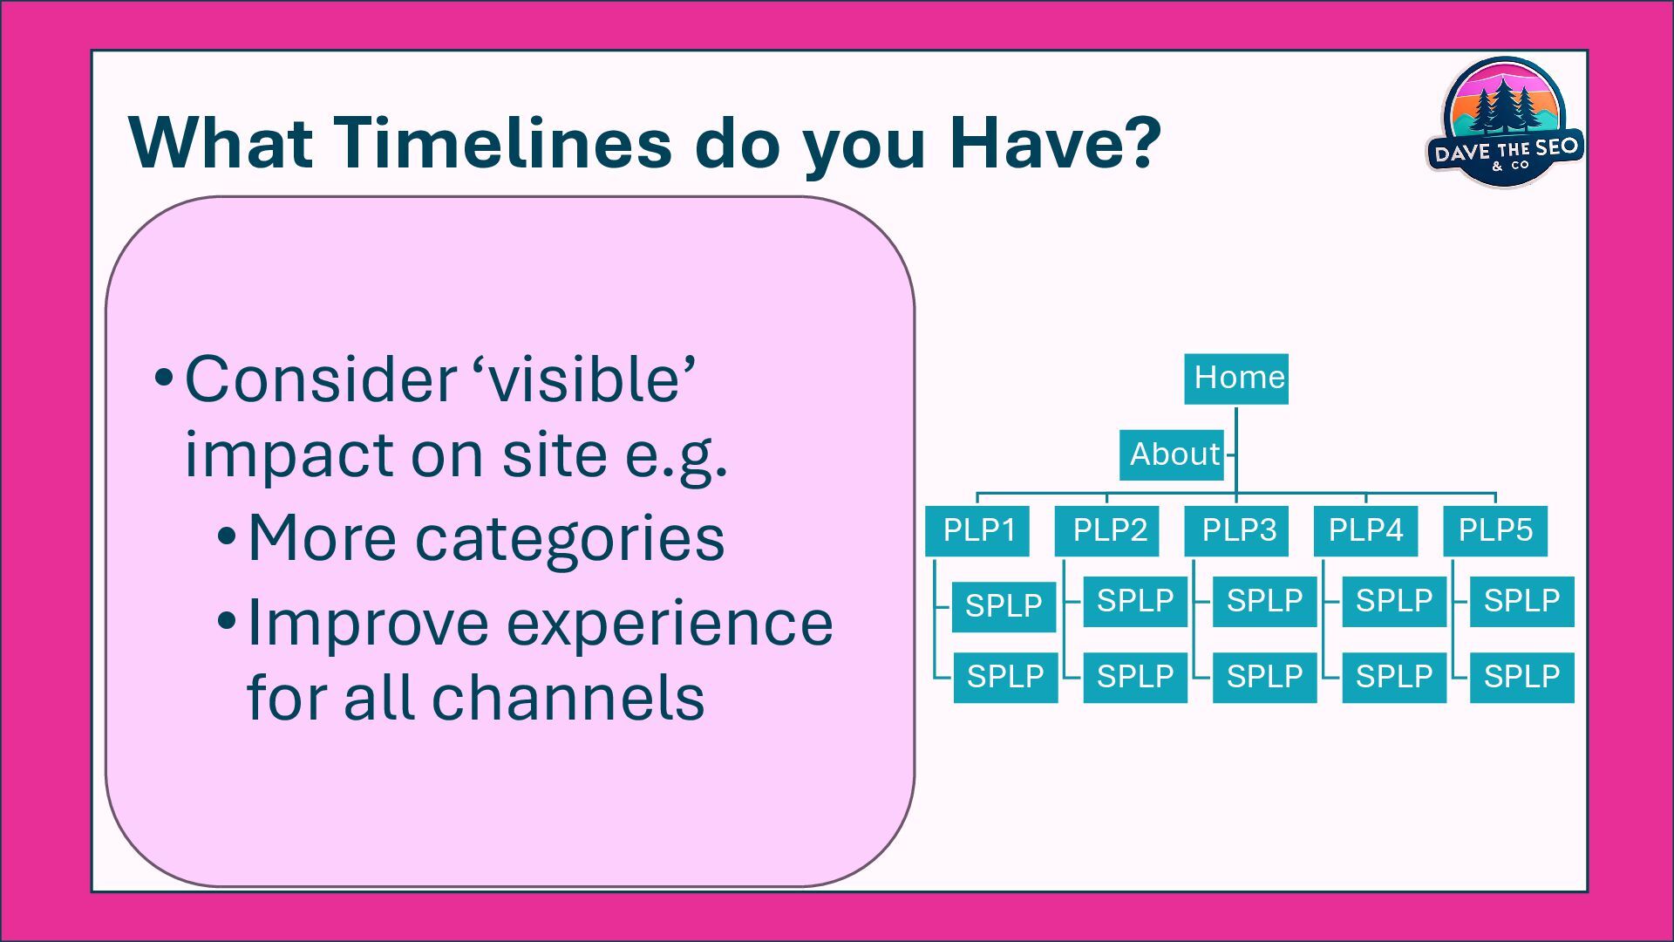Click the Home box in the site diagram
click(1235, 379)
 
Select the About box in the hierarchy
click(1172, 454)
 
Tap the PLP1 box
click(976, 530)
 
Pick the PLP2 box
click(1106, 530)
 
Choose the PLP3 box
click(1235, 530)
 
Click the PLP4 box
click(1365, 530)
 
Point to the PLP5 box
click(1494, 530)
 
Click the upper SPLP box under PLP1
click(1004, 605)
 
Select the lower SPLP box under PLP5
click(1521, 677)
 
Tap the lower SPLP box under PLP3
click(1264, 677)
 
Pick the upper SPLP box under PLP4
click(1393, 601)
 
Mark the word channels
click(568, 699)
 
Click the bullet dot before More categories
click(227, 536)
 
